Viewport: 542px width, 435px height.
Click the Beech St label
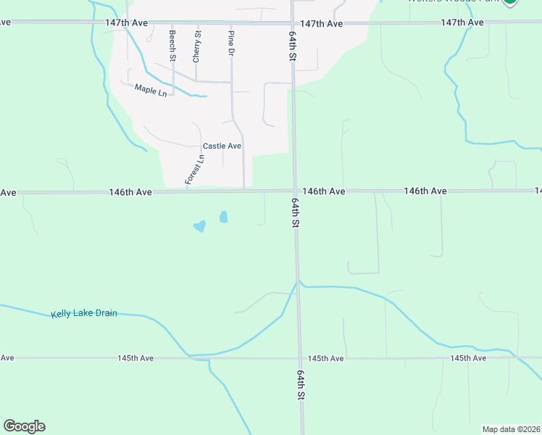(172, 45)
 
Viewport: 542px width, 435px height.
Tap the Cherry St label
(196, 45)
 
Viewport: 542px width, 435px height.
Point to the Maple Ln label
(151, 90)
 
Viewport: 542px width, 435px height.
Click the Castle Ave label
(222, 146)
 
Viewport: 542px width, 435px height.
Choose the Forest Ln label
(195, 170)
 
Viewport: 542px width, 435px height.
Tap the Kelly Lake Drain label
(84, 314)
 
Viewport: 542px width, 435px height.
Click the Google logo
(24, 426)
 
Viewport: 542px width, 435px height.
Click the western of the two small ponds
(199, 226)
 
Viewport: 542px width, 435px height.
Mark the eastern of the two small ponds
(223, 217)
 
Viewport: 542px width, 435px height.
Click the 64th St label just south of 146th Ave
(296, 213)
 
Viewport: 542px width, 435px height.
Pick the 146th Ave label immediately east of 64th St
(323, 191)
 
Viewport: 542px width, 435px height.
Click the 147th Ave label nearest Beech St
(126, 23)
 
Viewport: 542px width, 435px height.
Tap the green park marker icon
(510, 2)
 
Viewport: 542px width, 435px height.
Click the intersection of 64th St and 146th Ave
(295, 191)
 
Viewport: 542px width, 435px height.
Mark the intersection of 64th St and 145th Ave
(299, 358)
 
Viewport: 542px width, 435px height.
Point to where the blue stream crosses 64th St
(297, 283)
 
